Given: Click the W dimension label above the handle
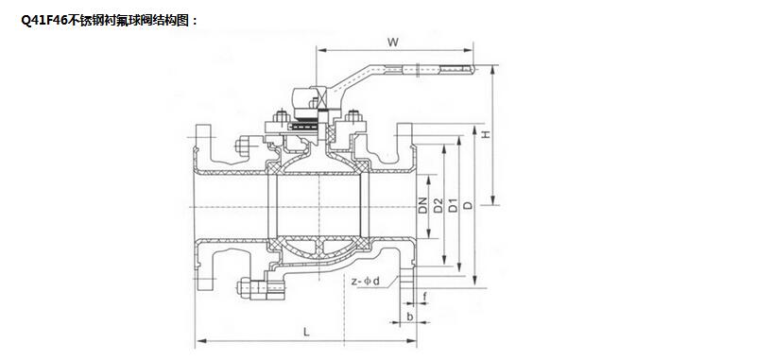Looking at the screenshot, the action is pyautogui.click(x=393, y=42).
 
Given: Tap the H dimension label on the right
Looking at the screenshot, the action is pyautogui.click(x=486, y=134).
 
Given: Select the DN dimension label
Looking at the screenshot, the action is pyautogui.click(x=422, y=206).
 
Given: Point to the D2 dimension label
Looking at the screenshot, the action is pyautogui.click(x=438, y=206).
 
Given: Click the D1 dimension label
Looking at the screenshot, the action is pyautogui.click(x=453, y=206).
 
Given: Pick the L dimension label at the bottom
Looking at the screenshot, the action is pyautogui.click(x=306, y=333).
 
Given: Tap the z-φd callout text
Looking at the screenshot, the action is pyautogui.click(x=366, y=282).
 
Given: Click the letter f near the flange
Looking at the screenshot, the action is pyautogui.click(x=425, y=297).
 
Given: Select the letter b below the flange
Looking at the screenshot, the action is pyautogui.click(x=410, y=316).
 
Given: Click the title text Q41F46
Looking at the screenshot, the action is pyautogui.click(x=43, y=21).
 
